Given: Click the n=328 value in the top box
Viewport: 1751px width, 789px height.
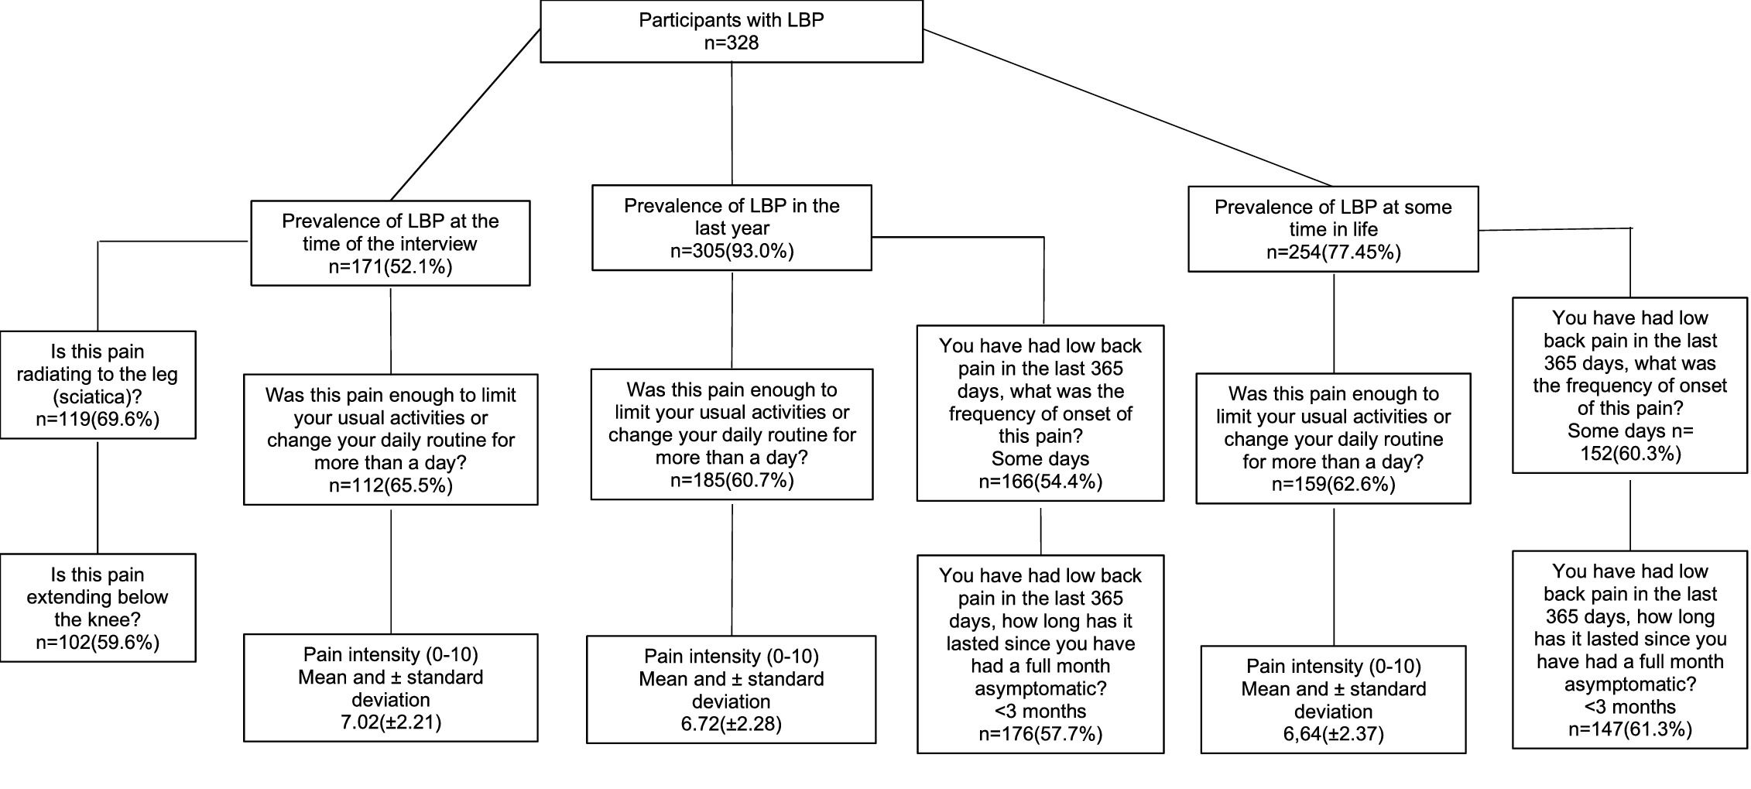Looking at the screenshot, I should (731, 43).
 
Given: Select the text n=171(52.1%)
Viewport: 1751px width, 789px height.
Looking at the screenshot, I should (390, 266).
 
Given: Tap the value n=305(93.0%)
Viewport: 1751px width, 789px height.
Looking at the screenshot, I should (732, 251).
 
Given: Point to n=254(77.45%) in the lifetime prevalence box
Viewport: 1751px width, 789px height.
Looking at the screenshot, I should (1333, 252).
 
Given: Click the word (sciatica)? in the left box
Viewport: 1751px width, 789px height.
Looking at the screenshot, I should (98, 396).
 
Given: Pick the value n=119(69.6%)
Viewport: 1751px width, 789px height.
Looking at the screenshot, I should (98, 420).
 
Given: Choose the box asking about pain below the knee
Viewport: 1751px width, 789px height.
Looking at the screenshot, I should (98, 608).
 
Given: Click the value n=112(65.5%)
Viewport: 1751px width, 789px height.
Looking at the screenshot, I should (390, 485).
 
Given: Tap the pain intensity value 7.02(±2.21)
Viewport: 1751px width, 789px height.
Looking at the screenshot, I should (390, 722).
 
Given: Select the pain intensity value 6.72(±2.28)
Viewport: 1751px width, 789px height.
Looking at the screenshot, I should (731, 724).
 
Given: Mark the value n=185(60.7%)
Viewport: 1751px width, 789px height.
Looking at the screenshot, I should (732, 480).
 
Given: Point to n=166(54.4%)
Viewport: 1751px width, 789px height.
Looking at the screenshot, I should (1040, 482).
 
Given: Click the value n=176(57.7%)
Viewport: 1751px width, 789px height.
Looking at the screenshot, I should (1040, 733).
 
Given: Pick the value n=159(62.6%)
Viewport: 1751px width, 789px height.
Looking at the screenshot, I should (1333, 485).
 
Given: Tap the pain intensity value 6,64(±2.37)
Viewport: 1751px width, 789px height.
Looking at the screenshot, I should (1333, 733).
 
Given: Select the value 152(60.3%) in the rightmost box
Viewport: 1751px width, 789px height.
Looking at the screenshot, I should (1629, 454).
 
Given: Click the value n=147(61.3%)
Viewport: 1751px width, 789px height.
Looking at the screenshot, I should (1629, 729).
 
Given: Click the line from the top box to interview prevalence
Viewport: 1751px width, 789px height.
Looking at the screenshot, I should (464, 115).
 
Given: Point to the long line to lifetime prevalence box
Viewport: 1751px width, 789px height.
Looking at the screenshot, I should (1126, 108).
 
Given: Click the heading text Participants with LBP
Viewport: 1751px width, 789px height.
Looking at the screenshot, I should (731, 20).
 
